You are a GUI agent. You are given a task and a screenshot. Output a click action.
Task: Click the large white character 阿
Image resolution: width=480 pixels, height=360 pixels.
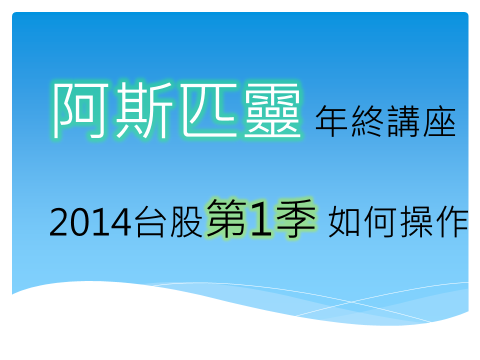[x=81, y=110]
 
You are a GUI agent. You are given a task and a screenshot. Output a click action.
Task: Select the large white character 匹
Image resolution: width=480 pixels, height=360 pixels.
[x=209, y=109]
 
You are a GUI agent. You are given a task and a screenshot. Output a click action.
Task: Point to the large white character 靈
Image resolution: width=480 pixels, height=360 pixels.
[x=272, y=109]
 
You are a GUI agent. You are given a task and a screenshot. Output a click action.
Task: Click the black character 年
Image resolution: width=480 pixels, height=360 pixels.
[x=331, y=121]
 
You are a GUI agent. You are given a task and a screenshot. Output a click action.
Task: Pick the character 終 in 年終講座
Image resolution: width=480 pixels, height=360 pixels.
[x=367, y=121]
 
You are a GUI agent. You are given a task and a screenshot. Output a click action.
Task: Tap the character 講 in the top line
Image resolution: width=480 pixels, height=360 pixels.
[x=403, y=121]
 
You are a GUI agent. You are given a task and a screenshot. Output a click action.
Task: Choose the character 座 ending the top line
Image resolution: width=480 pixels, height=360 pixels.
[x=439, y=121]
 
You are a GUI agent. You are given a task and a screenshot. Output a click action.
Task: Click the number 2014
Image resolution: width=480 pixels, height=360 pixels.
[x=90, y=222]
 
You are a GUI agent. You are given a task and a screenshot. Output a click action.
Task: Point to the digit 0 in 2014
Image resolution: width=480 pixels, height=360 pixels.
[x=80, y=222]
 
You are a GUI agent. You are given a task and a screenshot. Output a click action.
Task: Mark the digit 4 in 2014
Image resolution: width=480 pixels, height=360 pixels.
[x=121, y=222]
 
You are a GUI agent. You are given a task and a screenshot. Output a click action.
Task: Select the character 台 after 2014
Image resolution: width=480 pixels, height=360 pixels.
[x=150, y=222]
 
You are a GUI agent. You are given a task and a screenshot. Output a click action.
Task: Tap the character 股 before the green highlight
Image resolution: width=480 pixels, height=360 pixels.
[x=186, y=222]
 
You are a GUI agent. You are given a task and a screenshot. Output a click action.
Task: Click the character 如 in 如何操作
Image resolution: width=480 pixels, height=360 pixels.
[x=344, y=222]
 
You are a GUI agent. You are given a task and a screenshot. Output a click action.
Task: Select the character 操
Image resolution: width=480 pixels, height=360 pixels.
[x=416, y=222]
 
